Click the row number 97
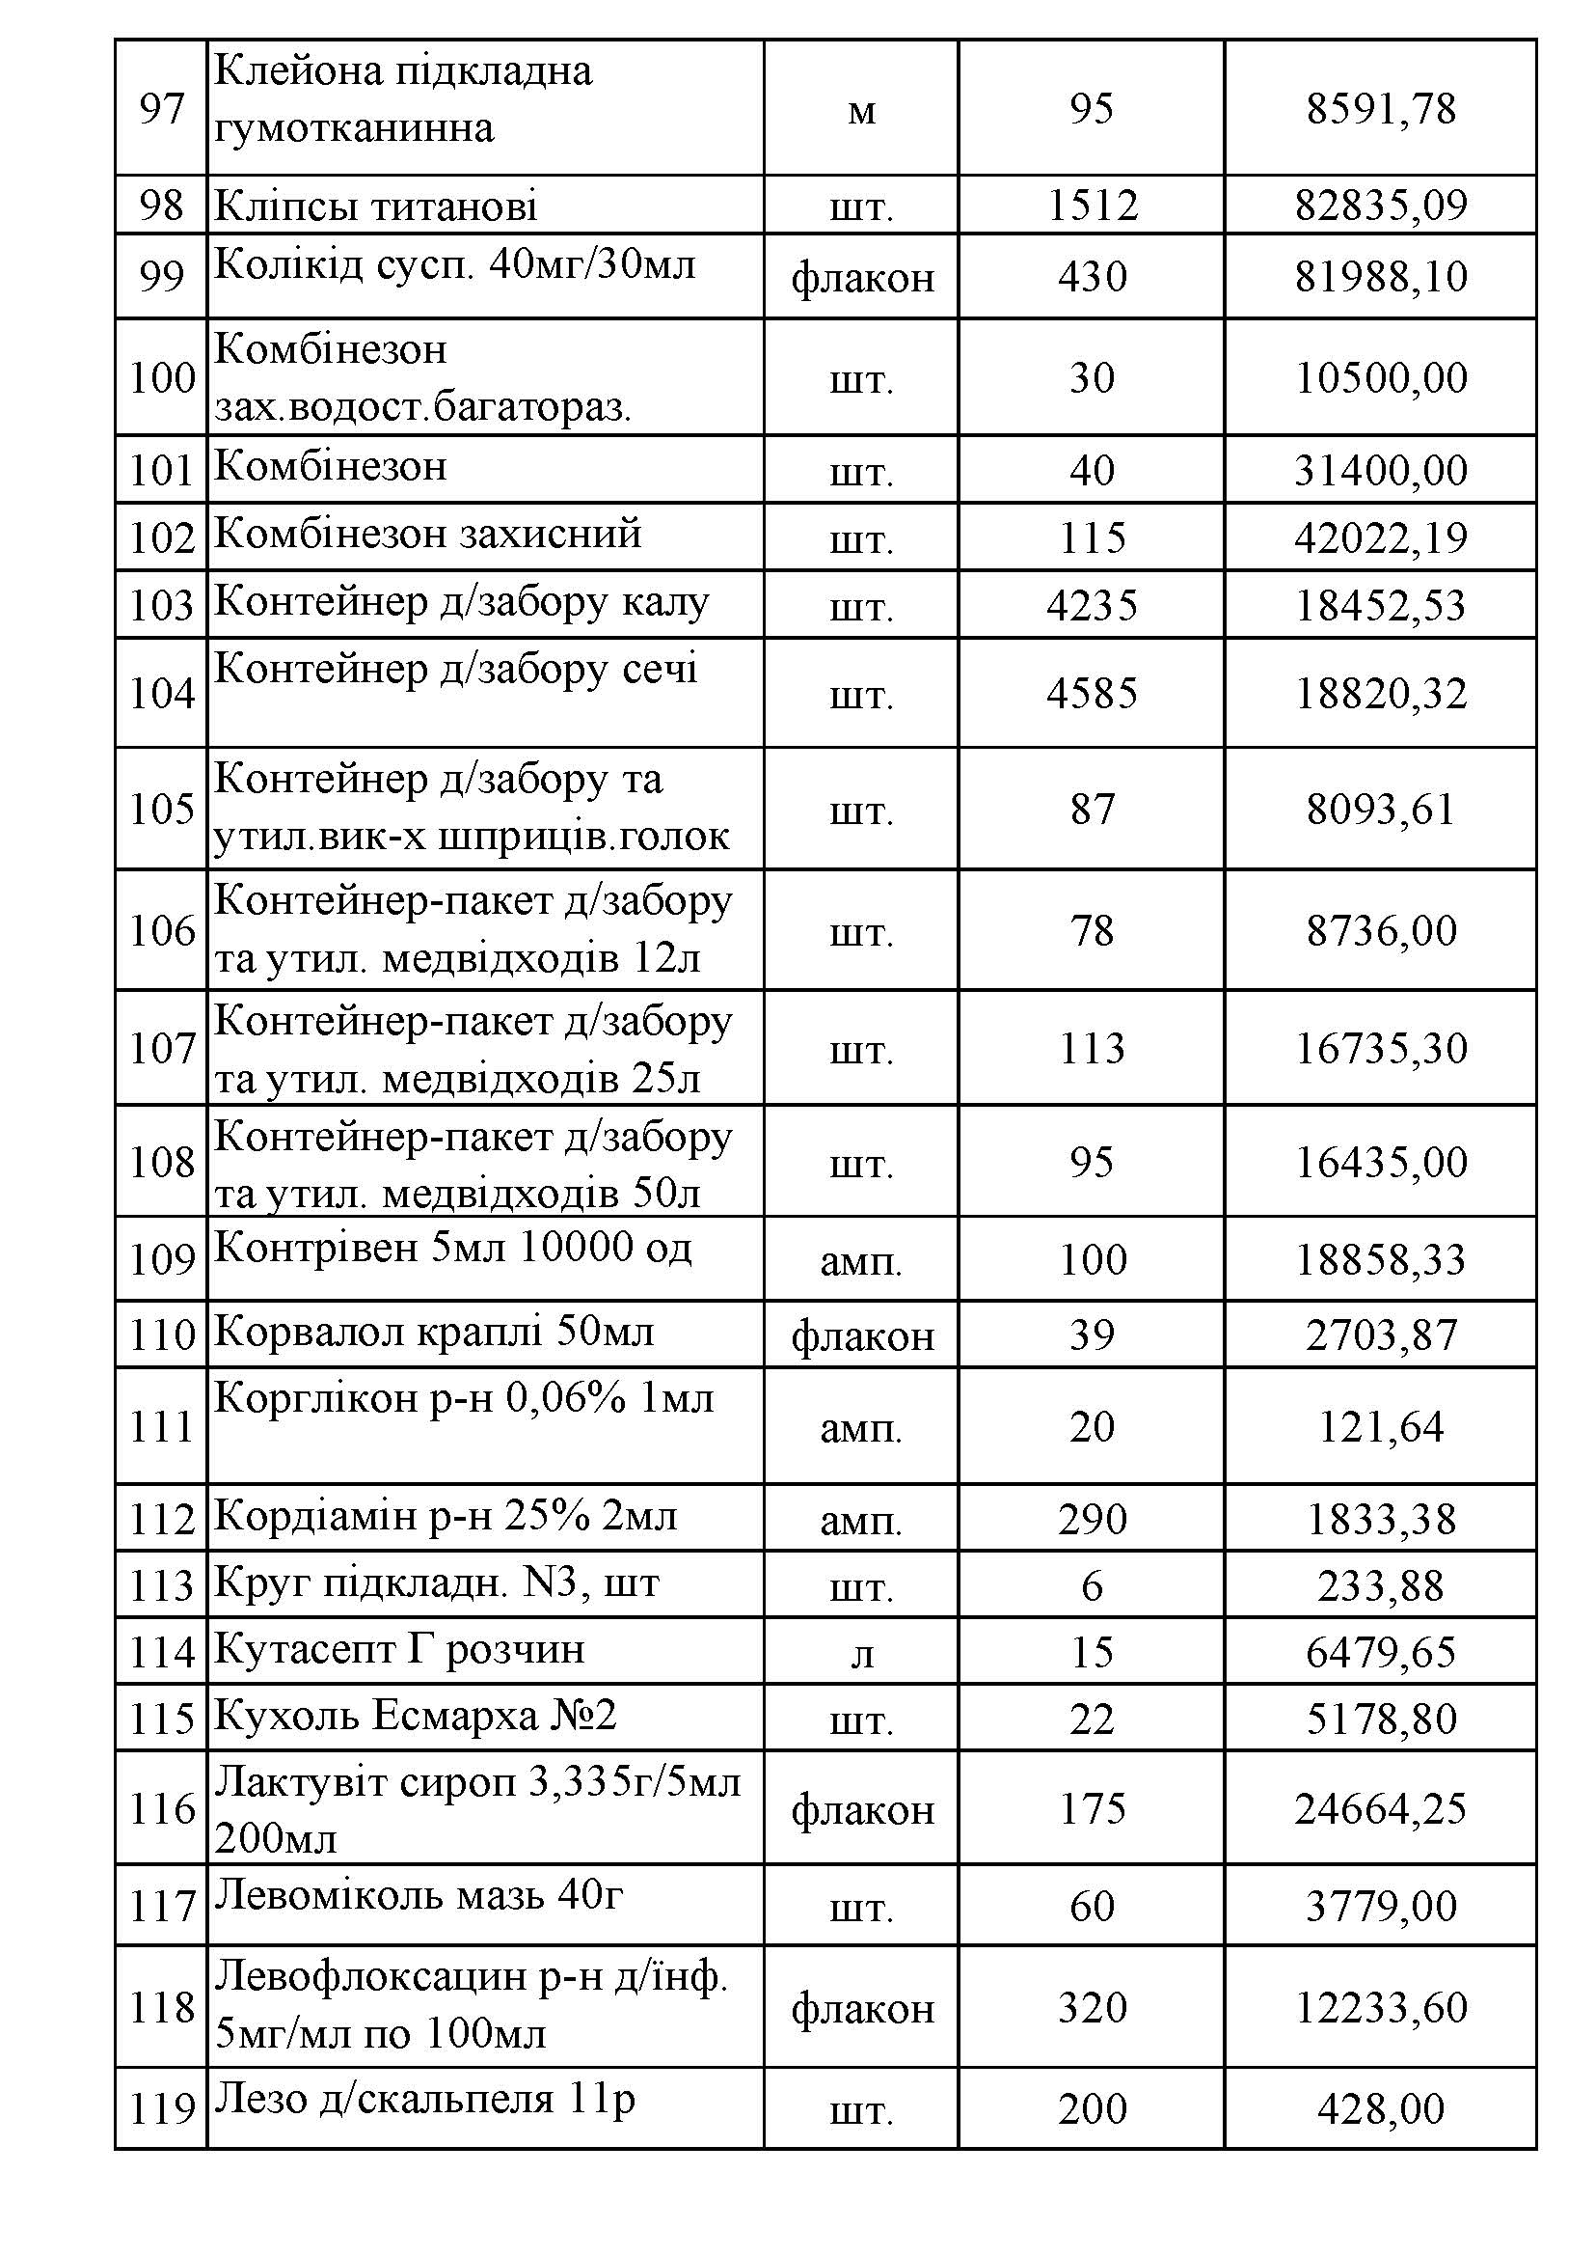162,108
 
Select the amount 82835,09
1380,206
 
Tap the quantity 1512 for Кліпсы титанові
1093,206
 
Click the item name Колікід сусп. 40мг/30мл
455,264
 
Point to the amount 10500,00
1380,378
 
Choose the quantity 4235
1093,604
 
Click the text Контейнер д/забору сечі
456,669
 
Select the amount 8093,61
1380,810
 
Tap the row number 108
162,1163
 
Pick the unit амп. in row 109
861,1260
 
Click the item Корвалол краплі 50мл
434,1333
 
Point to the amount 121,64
1380,1427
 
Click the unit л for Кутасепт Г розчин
861,1654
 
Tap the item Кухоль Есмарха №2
416,1716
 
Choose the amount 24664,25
1380,1809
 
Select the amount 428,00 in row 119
1380,2108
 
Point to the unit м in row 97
861,110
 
